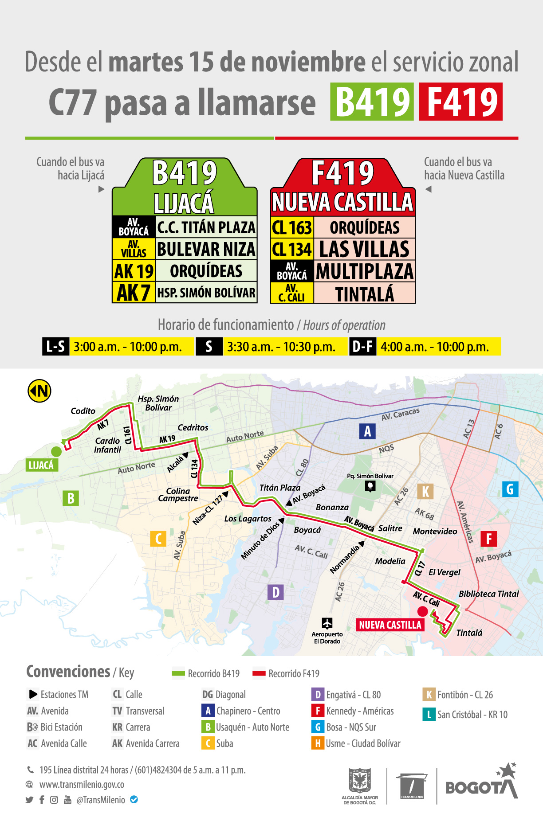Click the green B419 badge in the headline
click(x=372, y=102)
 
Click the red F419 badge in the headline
click(x=460, y=102)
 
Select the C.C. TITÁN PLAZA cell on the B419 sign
click(x=206, y=227)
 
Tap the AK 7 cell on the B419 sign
click(x=134, y=293)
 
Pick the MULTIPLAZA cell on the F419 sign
click(x=364, y=271)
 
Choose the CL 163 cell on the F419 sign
click(x=292, y=227)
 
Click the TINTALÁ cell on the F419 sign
click(x=364, y=293)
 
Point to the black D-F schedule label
click(x=362, y=347)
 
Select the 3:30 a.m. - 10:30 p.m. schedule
click(x=281, y=347)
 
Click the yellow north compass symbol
click(x=39, y=391)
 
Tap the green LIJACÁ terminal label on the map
click(x=41, y=465)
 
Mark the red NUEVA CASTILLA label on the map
click(x=390, y=625)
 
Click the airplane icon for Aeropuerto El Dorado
click(x=327, y=623)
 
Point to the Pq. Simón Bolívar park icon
click(x=370, y=486)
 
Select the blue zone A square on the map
click(x=367, y=431)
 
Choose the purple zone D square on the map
click(x=275, y=592)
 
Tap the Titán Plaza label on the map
click(x=279, y=488)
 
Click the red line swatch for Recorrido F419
click(x=259, y=673)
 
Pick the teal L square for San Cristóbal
click(x=429, y=715)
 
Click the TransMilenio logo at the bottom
click(x=412, y=786)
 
